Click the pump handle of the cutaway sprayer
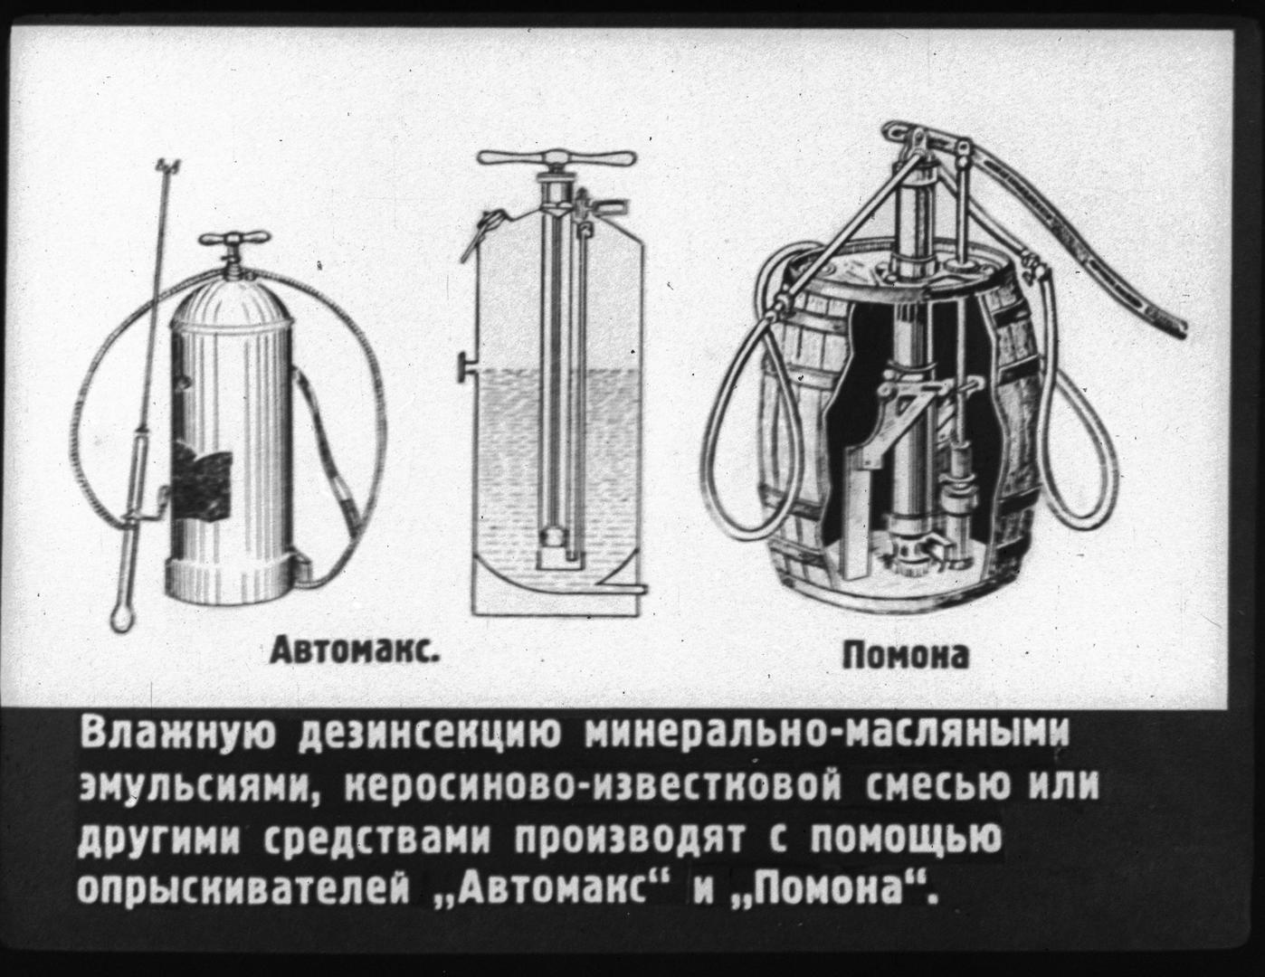(x=556, y=157)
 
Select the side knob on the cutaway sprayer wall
(x=464, y=368)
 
